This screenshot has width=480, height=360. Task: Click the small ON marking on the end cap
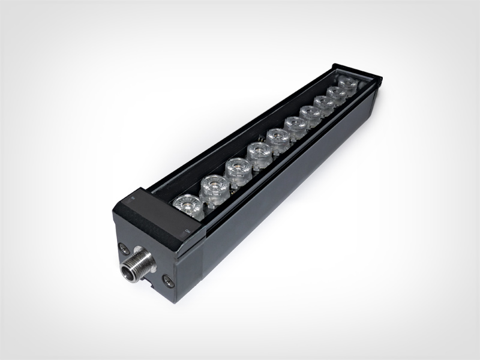click(x=187, y=230)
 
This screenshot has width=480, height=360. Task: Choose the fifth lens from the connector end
click(x=278, y=140)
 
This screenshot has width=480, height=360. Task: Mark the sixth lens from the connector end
click(x=295, y=127)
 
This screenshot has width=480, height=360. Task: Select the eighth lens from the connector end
click(x=325, y=103)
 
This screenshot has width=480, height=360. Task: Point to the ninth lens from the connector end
click(x=337, y=93)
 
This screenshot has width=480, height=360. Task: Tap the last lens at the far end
click(x=347, y=83)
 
